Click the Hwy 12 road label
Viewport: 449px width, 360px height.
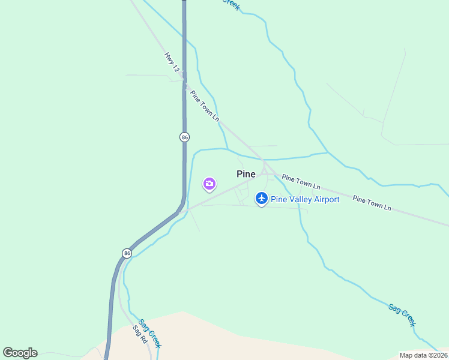172,62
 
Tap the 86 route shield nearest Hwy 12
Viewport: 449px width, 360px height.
184,137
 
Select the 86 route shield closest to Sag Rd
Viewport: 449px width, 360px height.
127,253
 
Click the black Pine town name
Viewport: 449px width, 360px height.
246,174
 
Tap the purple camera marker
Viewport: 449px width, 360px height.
209,184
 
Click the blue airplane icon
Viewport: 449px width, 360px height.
261,197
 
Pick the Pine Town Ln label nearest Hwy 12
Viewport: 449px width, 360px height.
205,106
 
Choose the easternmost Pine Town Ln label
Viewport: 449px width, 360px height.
372,203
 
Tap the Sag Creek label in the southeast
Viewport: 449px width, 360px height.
402,314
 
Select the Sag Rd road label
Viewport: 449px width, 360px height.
140,334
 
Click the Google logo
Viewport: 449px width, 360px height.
20,353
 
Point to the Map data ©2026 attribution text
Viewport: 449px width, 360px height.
423,355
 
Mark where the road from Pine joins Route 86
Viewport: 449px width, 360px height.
180,211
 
